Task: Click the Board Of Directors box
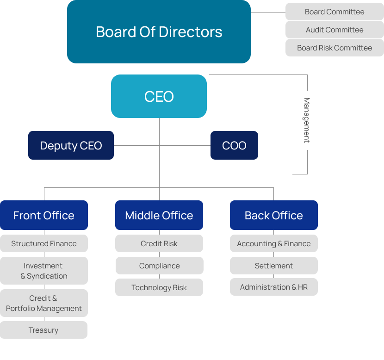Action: (159, 31)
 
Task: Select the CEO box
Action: (159, 96)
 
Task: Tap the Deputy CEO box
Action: (71, 145)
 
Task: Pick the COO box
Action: (234, 145)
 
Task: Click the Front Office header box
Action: (44, 215)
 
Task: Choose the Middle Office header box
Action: (159, 215)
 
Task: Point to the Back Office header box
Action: (273, 215)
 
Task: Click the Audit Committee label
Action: (334, 30)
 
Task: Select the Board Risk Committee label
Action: (334, 48)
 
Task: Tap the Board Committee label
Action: (334, 12)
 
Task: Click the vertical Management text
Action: (306, 120)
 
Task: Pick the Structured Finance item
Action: (44, 243)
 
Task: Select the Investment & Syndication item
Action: (44, 271)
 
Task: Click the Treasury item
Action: (43, 330)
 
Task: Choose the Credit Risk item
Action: (159, 243)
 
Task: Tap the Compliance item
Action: (159, 266)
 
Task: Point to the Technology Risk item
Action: (159, 287)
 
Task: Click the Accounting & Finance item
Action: (273, 243)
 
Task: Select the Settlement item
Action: (273, 266)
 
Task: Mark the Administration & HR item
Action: (273, 287)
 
